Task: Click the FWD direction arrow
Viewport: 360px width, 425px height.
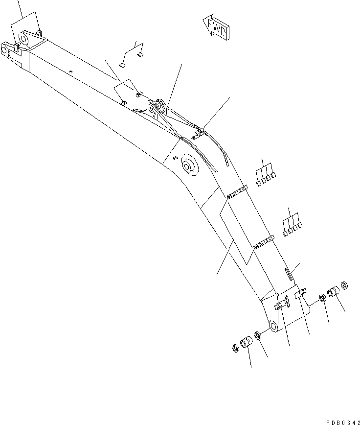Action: pyautogui.click(x=215, y=27)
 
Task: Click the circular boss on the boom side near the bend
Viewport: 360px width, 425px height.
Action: pyautogui.click(x=188, y=165)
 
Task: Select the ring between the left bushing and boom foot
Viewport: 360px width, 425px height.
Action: pyautogui.click(x=258, y=336)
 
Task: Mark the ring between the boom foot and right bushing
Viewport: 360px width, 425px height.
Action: pyautogui.click(x=322, y=298)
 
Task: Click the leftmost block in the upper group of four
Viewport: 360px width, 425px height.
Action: pyautogui.click(x=257, y=184)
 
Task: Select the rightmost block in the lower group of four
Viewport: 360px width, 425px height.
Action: pyautogui.click(x=299, y=225)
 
